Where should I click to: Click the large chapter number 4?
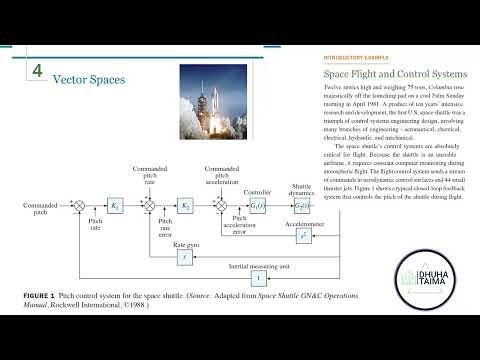click(37, 73)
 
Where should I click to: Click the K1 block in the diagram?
click(115, 206)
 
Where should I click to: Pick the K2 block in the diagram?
click(185, 206)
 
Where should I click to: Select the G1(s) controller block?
click(258, 206)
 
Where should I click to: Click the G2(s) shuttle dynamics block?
click(302, 206)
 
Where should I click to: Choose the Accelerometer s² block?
click(302, 236)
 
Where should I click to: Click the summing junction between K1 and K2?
click(149, 206)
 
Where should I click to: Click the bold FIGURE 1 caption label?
click(38, 298)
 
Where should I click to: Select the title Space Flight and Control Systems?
click(394, 74)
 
